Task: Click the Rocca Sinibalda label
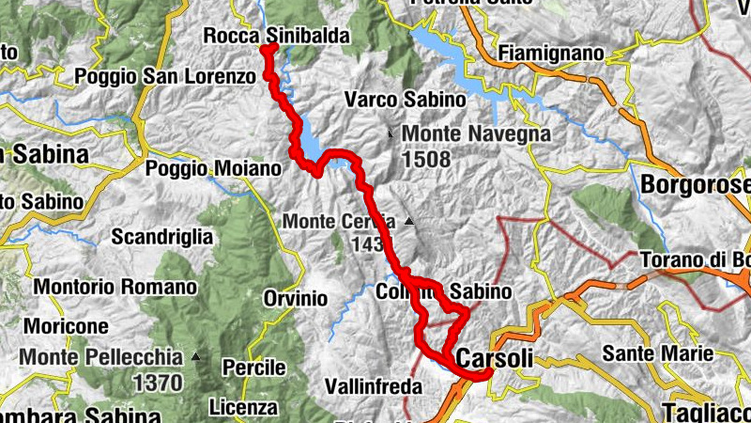coord(277,37)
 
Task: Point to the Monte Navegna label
coord(476,133)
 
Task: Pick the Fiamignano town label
coord(552,54)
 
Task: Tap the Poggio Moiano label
coord(214,169)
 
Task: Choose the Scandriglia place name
coord(164,237)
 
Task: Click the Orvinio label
coord(295,298)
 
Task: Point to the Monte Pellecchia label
coord(100,357)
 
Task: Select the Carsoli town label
coord(494,358)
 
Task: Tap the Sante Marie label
coord(658,353)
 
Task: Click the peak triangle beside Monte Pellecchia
coord(195,356)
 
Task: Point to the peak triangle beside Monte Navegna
coord(391,133)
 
